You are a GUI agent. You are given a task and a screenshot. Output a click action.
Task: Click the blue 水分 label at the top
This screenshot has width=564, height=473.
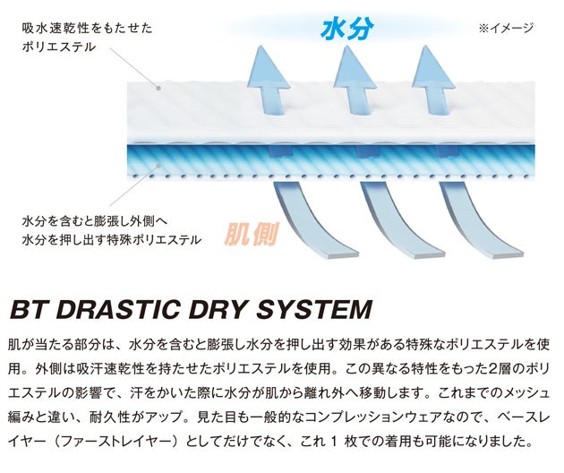[x=346, y=29]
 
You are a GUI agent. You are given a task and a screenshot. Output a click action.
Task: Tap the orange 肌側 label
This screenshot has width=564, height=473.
[x=252, y=234]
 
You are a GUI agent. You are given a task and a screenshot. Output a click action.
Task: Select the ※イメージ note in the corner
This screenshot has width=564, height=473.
[x=506, y=28]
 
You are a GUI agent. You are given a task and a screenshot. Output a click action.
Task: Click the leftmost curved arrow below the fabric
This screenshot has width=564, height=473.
[x=310, y=223]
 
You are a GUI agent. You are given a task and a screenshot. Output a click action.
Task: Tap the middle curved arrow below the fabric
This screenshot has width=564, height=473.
[x=396, y=223]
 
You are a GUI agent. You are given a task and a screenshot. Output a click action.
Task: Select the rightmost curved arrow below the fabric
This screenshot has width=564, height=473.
[x=474, y=223]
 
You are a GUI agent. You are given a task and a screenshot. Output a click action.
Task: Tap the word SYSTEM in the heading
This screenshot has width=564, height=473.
[x=314, y=310]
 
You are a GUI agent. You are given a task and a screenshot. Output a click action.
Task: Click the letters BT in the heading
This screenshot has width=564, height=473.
[x=30, y=310]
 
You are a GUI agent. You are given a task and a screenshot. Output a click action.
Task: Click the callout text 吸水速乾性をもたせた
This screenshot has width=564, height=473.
[x=88, y=28]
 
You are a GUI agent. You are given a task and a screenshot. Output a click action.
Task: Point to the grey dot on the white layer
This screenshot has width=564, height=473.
[x=158, y=88]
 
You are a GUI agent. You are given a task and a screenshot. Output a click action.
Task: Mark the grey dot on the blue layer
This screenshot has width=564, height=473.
[x=158, y=165]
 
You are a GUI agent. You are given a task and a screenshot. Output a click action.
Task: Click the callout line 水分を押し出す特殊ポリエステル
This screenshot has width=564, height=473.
[x=112, y=239]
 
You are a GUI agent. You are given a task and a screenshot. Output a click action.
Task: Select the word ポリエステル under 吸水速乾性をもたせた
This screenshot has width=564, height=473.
[x=58, y=47]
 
